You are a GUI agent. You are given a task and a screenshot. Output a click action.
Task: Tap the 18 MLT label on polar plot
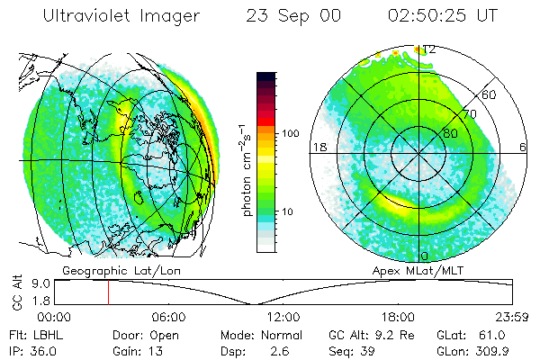coord(317,148)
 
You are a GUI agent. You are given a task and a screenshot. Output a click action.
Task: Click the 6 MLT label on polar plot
coord(524,148)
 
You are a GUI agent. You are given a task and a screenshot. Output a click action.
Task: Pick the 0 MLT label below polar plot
coord(424,256)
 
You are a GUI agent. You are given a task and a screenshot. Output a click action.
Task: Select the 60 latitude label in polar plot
coord(489,94)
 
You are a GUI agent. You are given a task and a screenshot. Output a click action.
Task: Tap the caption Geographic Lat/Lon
coord(107,270)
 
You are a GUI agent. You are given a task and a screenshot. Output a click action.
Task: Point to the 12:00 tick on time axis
coord(283,318)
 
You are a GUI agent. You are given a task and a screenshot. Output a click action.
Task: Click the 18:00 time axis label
coord(397,318)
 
